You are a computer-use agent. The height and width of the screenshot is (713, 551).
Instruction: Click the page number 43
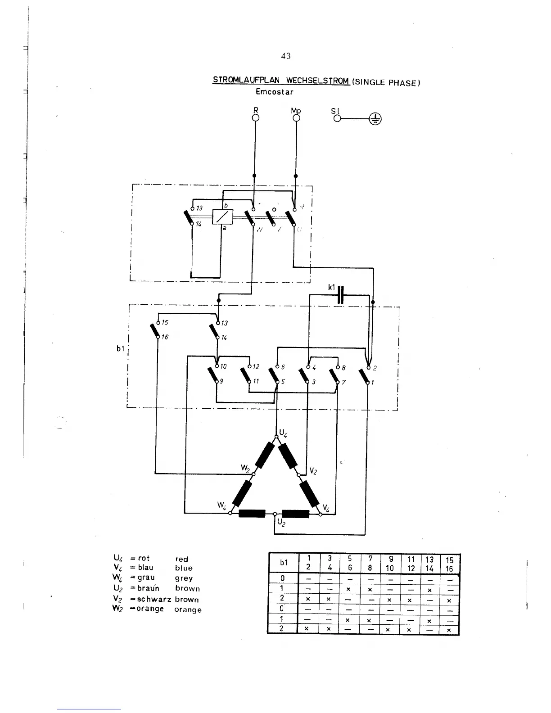click(285, 56)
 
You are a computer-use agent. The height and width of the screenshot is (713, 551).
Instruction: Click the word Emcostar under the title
click(274, 92)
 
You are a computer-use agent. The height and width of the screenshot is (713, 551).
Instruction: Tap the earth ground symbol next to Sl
click(375, 119)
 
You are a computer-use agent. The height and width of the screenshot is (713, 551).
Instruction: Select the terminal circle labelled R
click(255, 118)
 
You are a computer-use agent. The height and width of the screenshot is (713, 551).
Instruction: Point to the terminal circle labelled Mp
click(296, 118)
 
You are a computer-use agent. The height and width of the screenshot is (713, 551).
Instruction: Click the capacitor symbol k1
click(341, 294)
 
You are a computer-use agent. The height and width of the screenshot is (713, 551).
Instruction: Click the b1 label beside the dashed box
click(120, 348)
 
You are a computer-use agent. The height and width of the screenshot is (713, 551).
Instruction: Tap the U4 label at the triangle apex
click(283, 433)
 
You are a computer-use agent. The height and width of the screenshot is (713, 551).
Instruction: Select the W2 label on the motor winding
click(245, 468)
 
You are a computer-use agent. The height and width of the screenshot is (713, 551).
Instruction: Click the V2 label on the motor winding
click(313, 471)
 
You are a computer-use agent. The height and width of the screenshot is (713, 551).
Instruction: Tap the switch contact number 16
click(165, 337)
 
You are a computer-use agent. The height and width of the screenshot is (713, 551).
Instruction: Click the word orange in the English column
click(188, 610)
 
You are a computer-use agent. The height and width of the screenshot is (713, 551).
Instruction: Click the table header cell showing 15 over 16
click(449, 564)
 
